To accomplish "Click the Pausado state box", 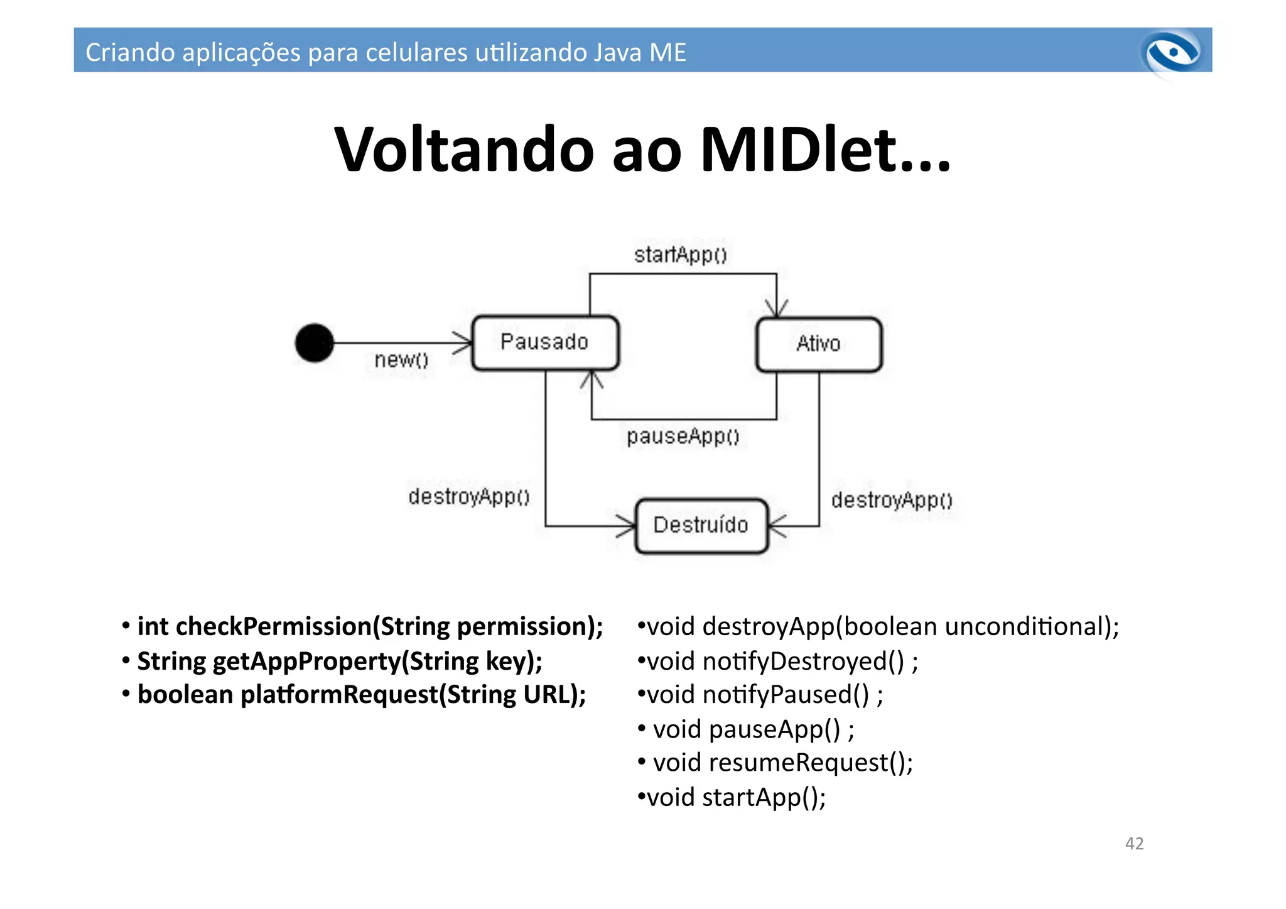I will point(544,343).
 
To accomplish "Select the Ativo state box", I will point(818,344).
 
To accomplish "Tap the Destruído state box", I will point(701,526).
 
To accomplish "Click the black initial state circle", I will point(314,343).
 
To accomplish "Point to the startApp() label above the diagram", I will point(680,255).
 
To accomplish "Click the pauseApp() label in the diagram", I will point(683,436).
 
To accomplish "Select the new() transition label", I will point(401,360).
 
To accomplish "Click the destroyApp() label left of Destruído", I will point(468,497).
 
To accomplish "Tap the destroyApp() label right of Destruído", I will point(892,501).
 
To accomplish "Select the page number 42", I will point(1134,844).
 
